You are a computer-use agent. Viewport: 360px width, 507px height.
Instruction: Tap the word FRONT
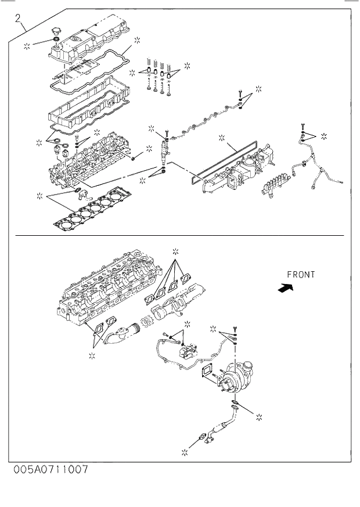click(x=301, y=275)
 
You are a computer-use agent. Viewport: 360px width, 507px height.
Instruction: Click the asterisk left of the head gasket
click(x=39, y=195)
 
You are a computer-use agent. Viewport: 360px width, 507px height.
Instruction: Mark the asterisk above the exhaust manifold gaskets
click(x=176, y=251)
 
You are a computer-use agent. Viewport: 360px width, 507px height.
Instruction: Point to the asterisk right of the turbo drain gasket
click(x=260, y=416)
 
